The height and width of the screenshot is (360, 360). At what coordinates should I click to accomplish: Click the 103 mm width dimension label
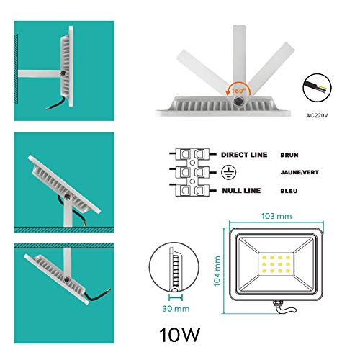point(276,216)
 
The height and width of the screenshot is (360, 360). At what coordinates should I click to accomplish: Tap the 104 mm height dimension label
point(217,271)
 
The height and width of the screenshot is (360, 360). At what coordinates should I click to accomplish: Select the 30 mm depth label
point(176,309)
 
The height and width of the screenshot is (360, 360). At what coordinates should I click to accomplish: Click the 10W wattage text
point(179,335)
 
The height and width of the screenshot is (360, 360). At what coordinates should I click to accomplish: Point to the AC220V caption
point(317,115)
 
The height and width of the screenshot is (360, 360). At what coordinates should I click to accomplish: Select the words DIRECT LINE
point(244,155)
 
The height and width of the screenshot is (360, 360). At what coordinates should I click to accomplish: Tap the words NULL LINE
point(241,191)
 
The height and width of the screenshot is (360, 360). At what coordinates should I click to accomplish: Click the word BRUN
point(289,155)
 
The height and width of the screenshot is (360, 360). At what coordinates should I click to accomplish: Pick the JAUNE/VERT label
point(300,172)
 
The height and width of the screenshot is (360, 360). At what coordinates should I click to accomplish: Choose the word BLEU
point(289,191)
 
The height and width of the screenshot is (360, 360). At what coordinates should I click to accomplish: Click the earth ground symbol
point(228,172)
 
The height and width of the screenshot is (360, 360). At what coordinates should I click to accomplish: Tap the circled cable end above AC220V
point(317,88)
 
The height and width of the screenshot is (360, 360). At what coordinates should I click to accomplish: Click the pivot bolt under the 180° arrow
point(239,101)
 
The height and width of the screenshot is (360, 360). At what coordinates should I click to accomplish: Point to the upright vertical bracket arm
point(239,60)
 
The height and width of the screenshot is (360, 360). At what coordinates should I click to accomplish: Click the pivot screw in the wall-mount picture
point(63,73)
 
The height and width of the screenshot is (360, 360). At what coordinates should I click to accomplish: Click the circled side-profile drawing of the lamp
point(174,267)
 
